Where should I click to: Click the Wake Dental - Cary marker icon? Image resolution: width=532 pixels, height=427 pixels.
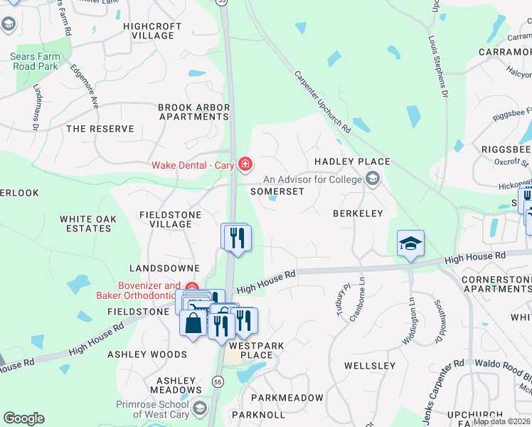point(245,165)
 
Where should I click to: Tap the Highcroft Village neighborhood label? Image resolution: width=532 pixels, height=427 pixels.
point(148,31)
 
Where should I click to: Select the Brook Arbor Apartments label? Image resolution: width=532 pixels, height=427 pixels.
point(193,112)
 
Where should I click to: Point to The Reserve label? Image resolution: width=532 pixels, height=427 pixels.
point(100,129)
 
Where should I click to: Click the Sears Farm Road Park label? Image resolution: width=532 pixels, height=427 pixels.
point(34,61)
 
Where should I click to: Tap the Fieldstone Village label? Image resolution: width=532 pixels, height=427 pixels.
point(171,219)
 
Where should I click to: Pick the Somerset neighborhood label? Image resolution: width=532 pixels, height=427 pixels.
point(278,191)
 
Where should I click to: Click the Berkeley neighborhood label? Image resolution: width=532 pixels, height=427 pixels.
point(358,213)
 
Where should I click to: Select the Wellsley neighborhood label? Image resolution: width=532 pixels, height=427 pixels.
point(369,366)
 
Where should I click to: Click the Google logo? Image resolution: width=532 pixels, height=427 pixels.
point(23,418)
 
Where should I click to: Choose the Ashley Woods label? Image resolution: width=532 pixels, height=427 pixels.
point(147,354)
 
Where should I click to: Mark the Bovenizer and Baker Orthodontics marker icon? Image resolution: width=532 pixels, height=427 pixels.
point(191,286)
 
